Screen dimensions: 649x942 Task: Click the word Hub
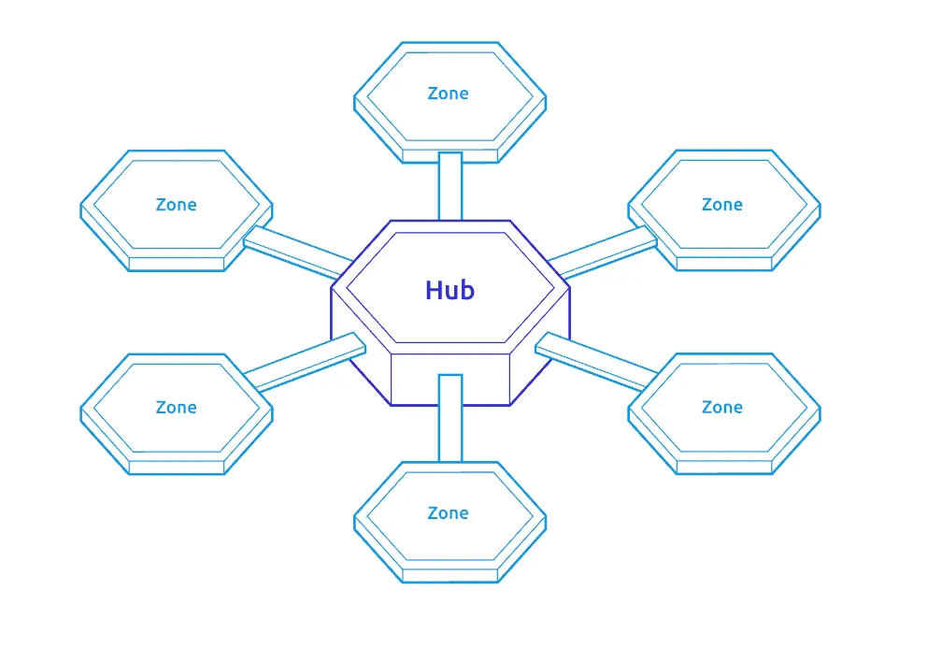[x=450, y=290]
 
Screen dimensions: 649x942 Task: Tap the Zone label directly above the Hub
[x=448, y=94]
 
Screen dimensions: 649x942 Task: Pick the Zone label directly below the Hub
[x=448, y=513]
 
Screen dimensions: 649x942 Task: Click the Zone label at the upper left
[x=176, y=205]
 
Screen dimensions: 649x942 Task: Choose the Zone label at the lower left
[x=176, y=408]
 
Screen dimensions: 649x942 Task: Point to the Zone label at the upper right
[x=721, y=205]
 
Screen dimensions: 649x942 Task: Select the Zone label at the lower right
[x=721, y=408]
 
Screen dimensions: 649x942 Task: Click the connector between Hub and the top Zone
[x=450, y=185]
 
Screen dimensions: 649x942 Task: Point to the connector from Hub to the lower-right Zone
[x=594, y=361]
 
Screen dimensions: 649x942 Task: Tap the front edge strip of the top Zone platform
[x=450, y=155]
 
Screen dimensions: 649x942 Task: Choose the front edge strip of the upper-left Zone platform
[x=177, y=265]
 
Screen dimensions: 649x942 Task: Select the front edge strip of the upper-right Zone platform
[x=723, y=265]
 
